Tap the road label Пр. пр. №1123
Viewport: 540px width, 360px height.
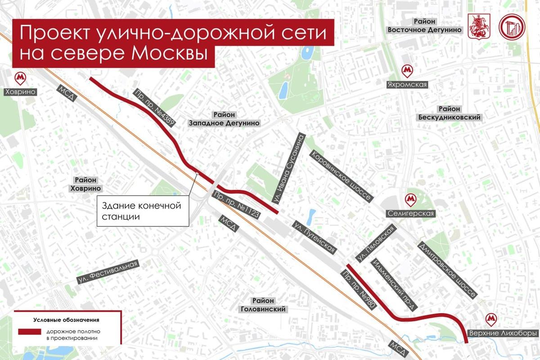(x=237, y=204)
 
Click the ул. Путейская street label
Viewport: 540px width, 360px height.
(x=314, y=237)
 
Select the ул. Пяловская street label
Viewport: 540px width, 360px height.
(x=374, y=243)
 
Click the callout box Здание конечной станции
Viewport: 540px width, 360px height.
(x=143, y=211)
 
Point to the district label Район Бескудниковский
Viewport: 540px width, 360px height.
(x=449, y=113)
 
